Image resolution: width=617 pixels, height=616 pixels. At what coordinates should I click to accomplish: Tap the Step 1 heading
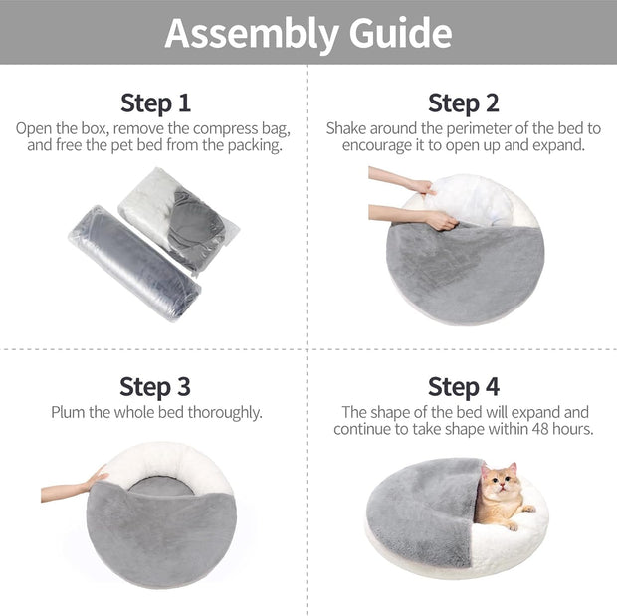click(x=155, y=103)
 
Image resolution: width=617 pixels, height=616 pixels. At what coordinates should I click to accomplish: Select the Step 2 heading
click(x=463, y=103)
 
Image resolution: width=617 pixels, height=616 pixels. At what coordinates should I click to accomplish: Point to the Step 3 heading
click(x=155, y=386)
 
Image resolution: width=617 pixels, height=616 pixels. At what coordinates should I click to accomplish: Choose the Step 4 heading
click(x=463, y=386)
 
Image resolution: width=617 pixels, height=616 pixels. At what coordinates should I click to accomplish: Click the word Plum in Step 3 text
click(x=69, y=412)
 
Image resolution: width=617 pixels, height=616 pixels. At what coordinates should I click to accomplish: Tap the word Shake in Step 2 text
click(x=347, y=128)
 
